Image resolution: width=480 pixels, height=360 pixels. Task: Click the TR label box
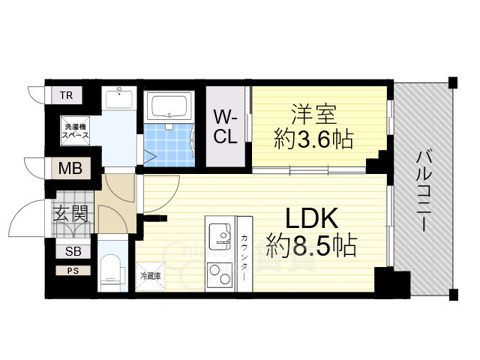[x=67, y=95]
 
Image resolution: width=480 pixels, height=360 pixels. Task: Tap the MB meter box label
[x=70, y=168]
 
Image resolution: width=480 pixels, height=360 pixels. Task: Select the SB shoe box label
[x=73, y=251]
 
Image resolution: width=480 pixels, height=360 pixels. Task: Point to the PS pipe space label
[x=73, y=271]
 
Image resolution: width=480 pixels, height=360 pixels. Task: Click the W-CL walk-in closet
[x=226, y=127]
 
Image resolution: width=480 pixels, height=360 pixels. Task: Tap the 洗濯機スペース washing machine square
[x=75, y=130]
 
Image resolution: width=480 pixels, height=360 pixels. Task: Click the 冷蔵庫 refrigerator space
[x=150, y=276]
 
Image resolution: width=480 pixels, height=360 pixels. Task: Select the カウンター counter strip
[x=244, y=254]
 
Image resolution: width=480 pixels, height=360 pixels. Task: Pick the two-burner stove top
[x=220, y=274]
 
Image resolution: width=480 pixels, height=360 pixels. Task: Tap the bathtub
[x=169, y=106]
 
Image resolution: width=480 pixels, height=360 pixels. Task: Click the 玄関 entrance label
[x=70, y=213]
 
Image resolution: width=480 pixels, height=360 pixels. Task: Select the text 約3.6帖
[x=313, y=139]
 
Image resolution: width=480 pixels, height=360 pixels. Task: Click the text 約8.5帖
[x=311, y=246]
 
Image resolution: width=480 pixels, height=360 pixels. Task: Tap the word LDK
[x=312, y=218]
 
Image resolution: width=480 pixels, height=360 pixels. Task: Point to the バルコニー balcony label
[x=424, y=191]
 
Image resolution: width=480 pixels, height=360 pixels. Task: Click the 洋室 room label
[x=314, y=114]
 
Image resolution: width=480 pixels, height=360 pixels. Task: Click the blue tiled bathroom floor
[x=169, y=145]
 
